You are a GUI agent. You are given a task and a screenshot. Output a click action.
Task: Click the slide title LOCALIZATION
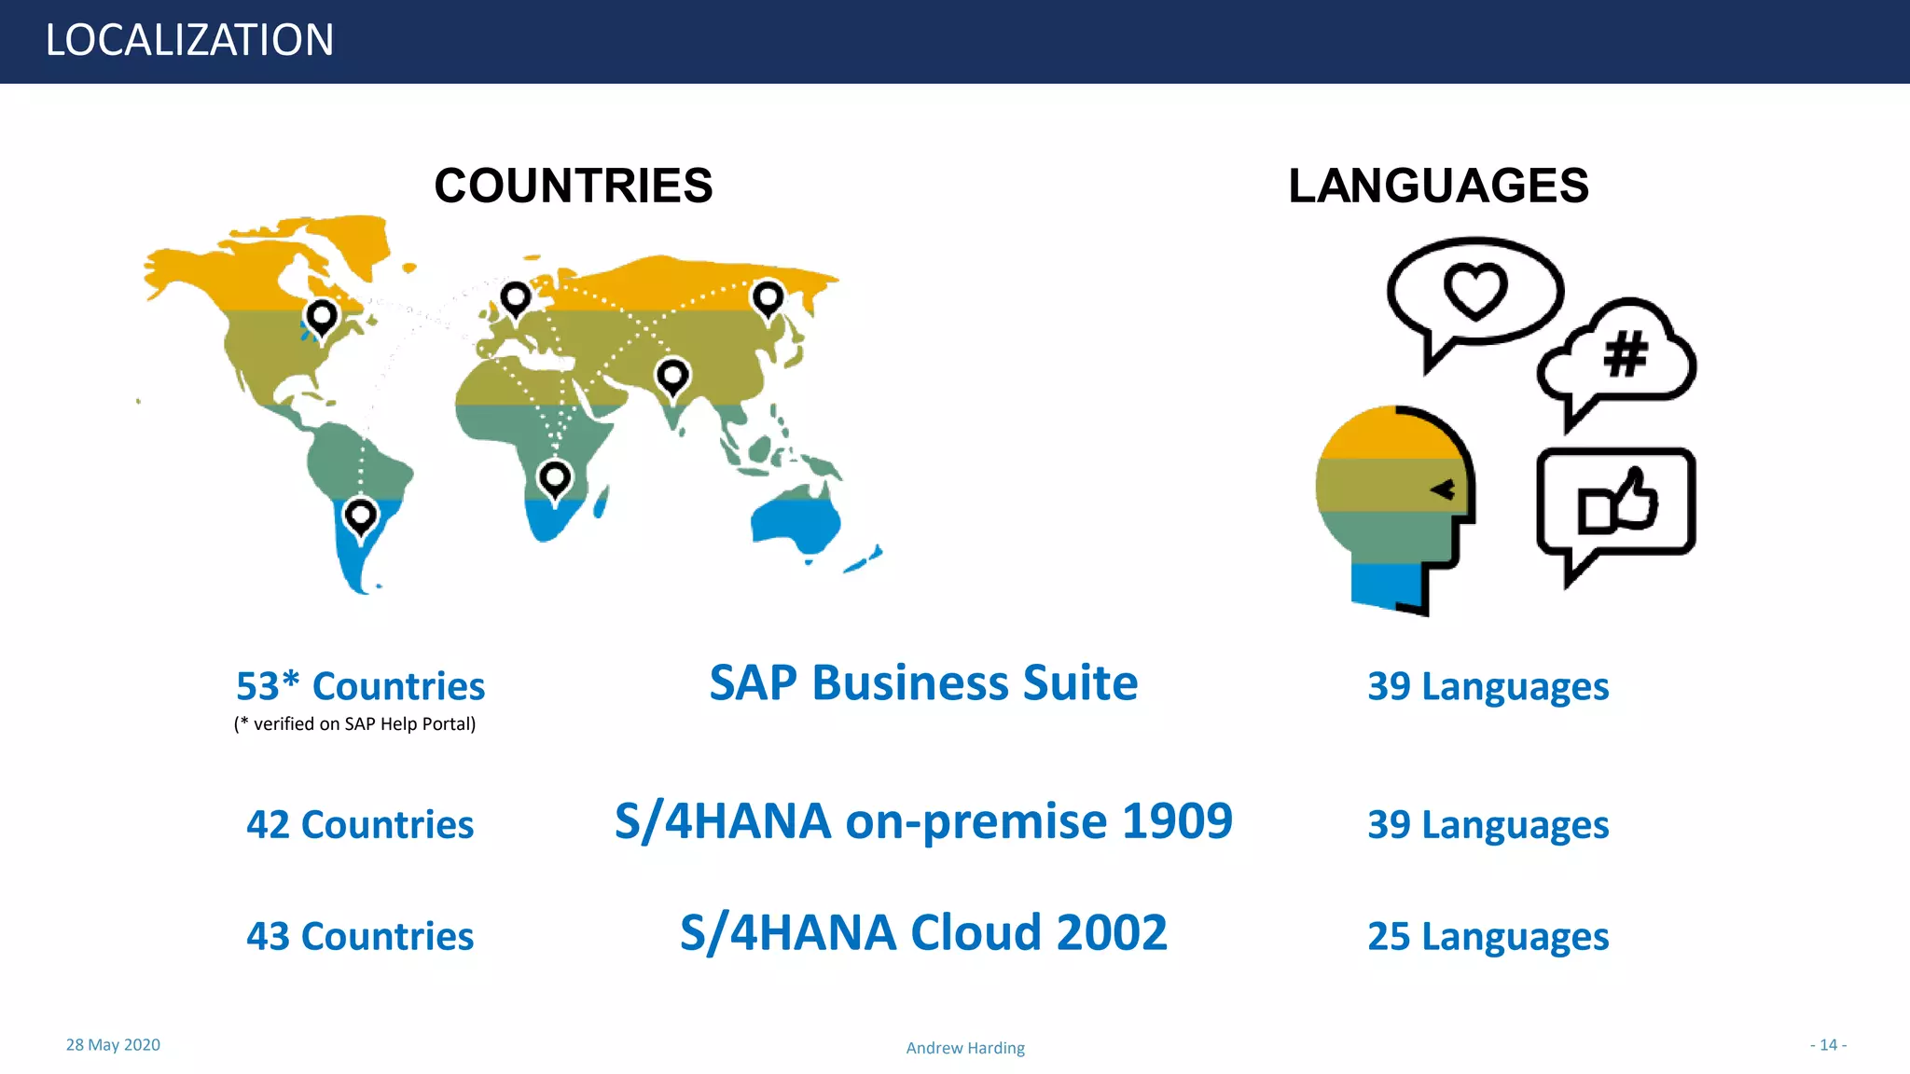189,40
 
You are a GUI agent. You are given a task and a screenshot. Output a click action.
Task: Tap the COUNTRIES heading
573,186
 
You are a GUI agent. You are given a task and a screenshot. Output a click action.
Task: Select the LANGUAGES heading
1438,186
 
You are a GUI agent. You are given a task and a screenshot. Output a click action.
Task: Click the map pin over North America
322,317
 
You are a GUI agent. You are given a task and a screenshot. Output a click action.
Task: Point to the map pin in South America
360,516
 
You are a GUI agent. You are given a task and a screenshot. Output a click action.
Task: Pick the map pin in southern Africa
555,478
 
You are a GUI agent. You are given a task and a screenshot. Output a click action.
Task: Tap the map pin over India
672,377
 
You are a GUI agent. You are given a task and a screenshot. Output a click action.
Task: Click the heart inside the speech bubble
1475,290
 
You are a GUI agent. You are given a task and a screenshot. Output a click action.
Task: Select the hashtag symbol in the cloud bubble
1626,354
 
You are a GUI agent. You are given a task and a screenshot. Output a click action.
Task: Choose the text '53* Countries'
360,686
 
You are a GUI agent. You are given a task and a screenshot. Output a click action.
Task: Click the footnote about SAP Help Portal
354,724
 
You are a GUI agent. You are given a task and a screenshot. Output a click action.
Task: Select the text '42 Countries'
360,825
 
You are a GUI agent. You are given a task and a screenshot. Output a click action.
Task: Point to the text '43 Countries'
360,936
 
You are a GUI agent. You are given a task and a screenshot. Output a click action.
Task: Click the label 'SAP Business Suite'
923,682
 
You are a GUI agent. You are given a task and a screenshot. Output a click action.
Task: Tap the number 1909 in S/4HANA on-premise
1176,821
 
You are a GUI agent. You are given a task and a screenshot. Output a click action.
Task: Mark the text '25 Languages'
1488,936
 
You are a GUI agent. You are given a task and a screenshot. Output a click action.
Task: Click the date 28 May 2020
113,1045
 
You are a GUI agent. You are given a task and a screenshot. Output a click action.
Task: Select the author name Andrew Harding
965,1048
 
